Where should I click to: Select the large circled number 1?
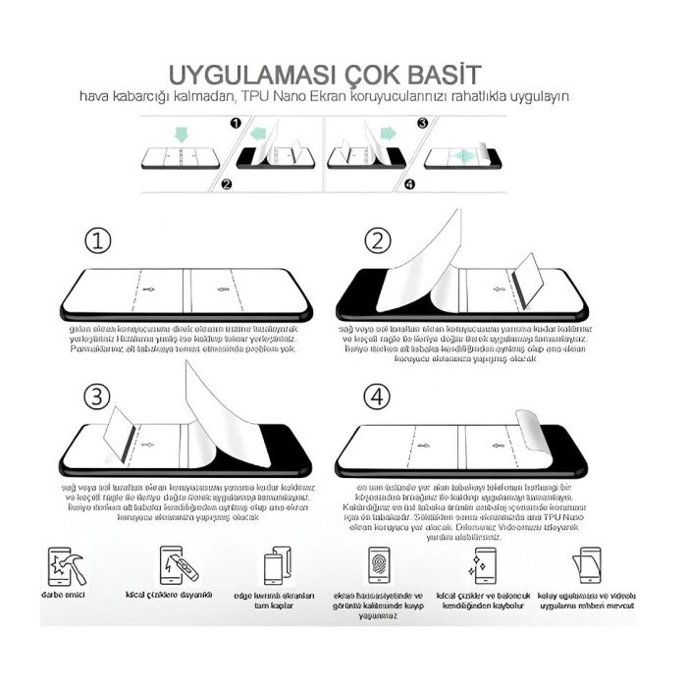[x=97, y=240]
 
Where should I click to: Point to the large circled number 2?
[x=377, y=240]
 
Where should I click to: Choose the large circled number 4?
[x=377, y=396]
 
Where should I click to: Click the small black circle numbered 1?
[x=234, y=124]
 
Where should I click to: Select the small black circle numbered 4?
[x=409, y=184]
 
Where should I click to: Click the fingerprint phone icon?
[x=378, y=566]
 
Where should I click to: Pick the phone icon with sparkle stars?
[x=481, y=566]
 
